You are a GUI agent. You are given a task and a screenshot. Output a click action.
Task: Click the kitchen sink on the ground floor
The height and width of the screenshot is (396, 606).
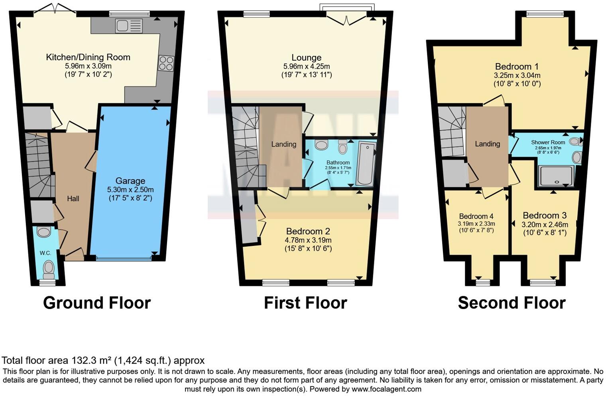129,26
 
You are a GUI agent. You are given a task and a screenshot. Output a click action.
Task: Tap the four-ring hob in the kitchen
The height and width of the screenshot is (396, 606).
166,63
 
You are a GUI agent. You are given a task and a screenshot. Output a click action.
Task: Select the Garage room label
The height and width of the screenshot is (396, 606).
130,181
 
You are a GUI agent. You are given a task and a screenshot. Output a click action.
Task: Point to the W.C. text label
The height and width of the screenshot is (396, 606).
45,253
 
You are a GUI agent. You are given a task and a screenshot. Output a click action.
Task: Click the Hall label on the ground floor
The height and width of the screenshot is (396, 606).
73,198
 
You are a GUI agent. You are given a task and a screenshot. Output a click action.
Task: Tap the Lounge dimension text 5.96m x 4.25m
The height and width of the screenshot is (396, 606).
306,66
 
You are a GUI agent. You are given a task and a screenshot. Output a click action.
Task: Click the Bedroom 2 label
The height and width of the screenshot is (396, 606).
308,231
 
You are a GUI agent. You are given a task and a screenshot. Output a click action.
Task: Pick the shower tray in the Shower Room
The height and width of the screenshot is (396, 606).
556,176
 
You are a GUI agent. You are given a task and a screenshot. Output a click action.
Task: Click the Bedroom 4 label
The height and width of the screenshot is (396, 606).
476,216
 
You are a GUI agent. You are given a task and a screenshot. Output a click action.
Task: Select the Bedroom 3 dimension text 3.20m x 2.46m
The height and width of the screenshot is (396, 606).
545,224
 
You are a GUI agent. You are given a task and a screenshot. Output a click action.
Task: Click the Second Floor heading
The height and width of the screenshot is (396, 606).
512,303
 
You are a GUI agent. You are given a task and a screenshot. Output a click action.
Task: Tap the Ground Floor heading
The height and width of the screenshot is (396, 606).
97,303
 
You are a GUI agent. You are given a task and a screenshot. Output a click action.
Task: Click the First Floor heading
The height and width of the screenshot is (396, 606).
305,303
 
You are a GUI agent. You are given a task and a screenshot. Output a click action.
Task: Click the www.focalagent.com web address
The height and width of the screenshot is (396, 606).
386,389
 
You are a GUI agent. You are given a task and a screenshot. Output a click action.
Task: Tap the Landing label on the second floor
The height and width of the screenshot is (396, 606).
487,144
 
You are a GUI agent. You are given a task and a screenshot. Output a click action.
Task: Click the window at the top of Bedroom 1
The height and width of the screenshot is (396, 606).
545,14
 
